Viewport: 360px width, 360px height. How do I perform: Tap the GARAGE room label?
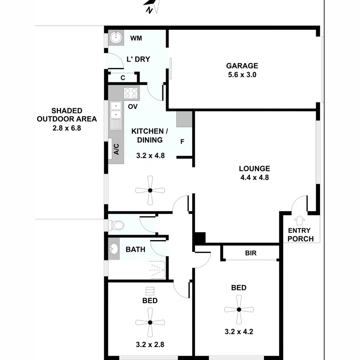[x=242, y=66]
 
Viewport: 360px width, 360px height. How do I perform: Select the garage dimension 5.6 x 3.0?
[x=242, y=75]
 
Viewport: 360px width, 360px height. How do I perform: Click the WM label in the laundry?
[x=136, y=38]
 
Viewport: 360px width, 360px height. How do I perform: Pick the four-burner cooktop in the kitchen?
[x=131, y=93]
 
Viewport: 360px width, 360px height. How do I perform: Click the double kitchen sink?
[x=116, y=110]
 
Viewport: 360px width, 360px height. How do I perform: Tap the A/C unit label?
[x=116, y=149]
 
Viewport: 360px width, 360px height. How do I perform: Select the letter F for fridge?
[x=182, y=142]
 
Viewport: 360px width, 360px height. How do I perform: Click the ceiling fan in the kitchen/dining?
[x=150, y=190]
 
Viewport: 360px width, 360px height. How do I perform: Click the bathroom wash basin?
[x=114, y=249]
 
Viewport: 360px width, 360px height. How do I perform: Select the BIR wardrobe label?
[x=251, y=253]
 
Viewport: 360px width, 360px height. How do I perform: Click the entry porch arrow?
[x=299, y=220]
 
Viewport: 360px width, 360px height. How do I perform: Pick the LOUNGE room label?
[x=254, y=169]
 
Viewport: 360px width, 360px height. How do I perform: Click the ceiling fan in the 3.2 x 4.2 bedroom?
[x=239, y=309]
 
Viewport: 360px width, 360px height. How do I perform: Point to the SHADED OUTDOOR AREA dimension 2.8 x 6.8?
[x=67, y=128]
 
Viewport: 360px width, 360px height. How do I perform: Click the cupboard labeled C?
[x=123, y=78]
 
